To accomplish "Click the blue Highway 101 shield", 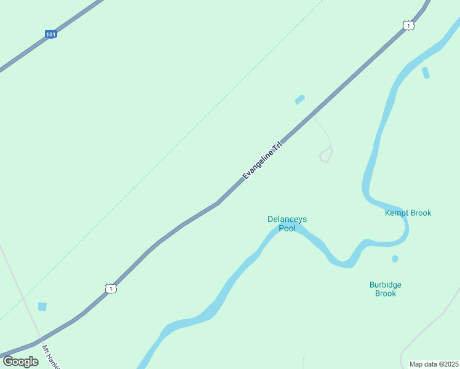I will [x=51, y=34].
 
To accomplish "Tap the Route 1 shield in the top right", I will [x=408, y=25].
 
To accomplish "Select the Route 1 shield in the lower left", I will [x=111, y=288].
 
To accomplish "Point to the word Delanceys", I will [x=287, y=219].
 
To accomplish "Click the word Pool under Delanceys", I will [x=287, y=228].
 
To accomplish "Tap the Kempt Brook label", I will [x=408, y=213].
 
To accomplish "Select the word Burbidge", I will [x=386, y=285].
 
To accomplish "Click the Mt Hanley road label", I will [x=49, y=356].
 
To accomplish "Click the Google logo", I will [x=20, y=362].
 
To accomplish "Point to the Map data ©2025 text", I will [x=434, y=364].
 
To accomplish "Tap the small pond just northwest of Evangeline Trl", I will [x=299, y=100].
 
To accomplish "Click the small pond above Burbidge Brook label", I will [x=395, y=259].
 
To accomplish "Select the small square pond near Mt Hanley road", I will [x=42, y=306].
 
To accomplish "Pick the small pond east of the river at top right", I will [x=426, y=73].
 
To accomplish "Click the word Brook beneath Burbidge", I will [x=386, y=293].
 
